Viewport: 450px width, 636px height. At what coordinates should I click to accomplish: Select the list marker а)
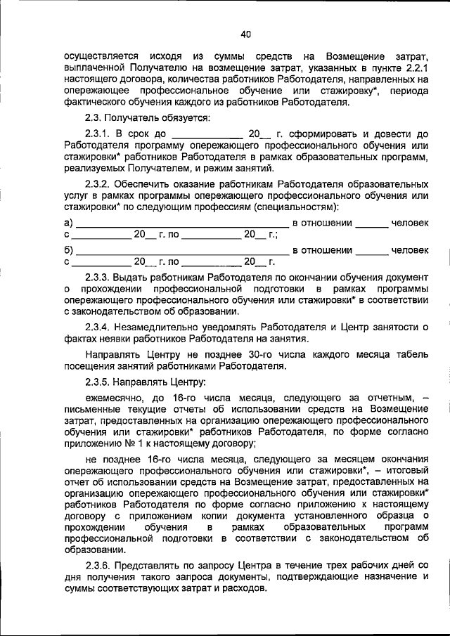tap(68, 223)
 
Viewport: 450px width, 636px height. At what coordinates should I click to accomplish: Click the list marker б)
tap(68, 249)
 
